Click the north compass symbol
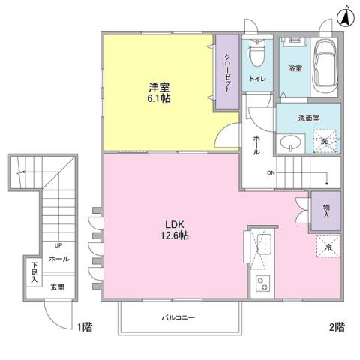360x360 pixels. click(346, 16)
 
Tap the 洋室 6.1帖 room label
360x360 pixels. click(158, 92)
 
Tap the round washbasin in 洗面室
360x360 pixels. click(290, 142)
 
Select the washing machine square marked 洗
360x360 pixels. click(325, 140)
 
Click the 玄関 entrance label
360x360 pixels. click(58, 286)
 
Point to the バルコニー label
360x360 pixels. click(178, 318)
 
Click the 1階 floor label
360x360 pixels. click(86, 327)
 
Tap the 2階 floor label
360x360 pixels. click(336, 327)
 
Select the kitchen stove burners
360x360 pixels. click(264, 283)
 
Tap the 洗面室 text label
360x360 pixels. click(298, 118)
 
